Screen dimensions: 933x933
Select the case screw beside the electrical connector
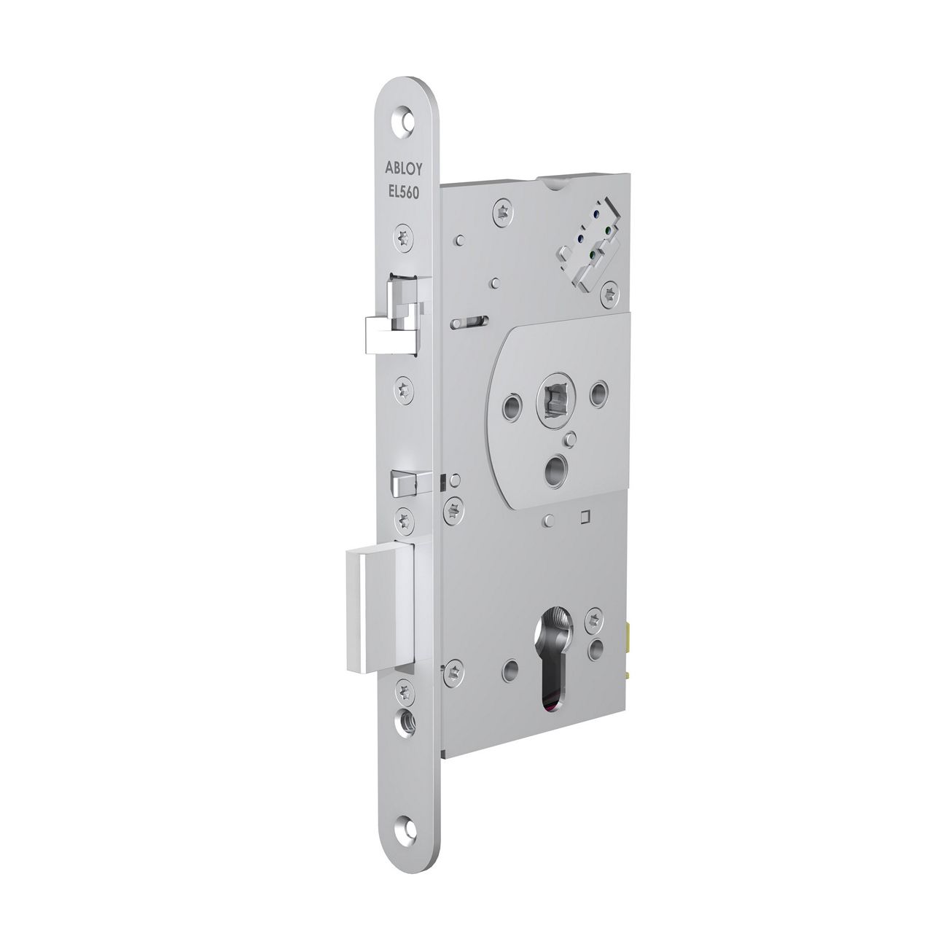tap(610, 293)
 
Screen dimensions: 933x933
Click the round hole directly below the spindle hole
tap(559, 465)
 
